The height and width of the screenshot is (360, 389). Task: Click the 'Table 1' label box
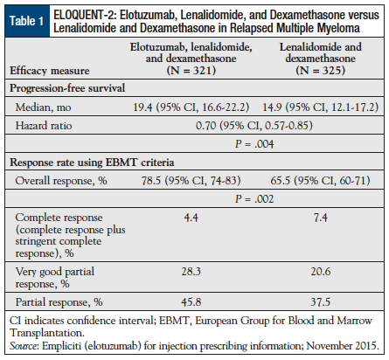(29, 20)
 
